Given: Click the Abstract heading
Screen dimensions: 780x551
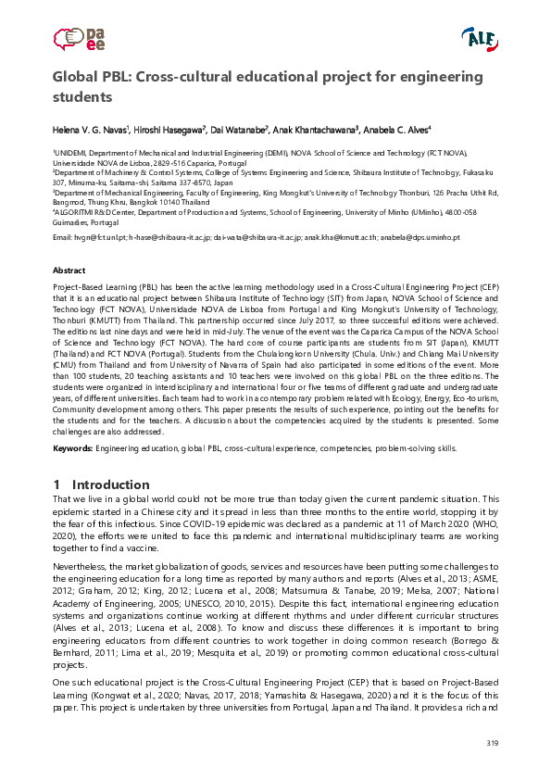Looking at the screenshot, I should (x=69, y=270).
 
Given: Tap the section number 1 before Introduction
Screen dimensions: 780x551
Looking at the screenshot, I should (x=57, y=484).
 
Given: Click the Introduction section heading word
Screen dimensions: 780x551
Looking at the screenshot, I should (x=110, y=484).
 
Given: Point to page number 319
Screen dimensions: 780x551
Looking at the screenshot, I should (x=492, y=746).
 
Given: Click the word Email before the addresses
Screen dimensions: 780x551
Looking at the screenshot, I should (x=63, y=237).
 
